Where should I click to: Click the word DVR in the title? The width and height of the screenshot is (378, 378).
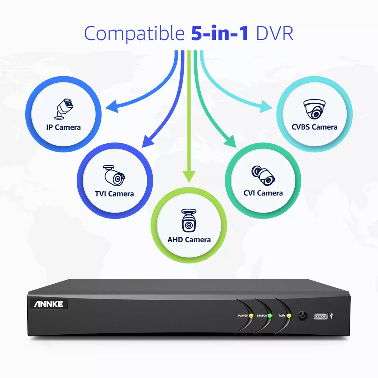(274, 33)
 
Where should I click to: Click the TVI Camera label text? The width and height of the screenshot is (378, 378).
(114, 194)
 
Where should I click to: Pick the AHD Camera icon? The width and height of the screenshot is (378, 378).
(189, 220)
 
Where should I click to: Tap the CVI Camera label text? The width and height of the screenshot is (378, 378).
(263, 193)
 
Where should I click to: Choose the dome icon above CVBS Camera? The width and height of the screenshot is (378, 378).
(314, 109)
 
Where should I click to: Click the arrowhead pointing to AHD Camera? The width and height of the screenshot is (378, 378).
(189, 175)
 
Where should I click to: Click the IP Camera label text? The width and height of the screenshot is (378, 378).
(63, 127)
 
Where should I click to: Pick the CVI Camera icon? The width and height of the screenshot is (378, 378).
(263, 174)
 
